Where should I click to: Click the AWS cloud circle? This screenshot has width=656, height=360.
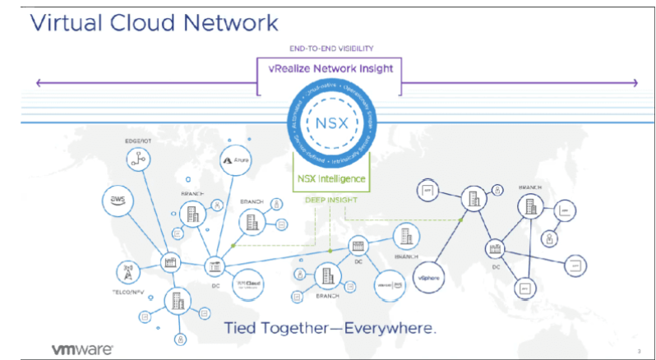click(119, 198)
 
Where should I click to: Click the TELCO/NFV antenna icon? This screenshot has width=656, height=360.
click(128, 271)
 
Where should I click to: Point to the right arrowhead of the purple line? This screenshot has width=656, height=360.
click(634, 82)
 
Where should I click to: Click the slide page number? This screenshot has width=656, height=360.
click(639, 351)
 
